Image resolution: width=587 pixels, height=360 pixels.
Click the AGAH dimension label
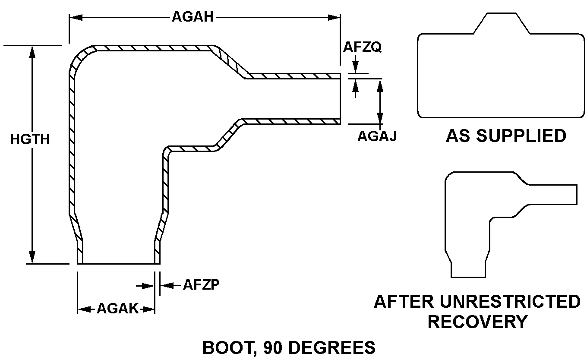(194, 17)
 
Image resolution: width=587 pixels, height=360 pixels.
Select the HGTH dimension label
(30, 139)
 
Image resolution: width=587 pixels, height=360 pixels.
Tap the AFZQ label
(362, 47)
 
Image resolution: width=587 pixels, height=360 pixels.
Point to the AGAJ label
(377, 136)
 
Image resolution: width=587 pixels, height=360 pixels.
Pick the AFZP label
(202, 285)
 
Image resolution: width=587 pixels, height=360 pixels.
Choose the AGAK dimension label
(117, 309)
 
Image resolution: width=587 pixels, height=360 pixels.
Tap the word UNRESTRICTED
(505, 302)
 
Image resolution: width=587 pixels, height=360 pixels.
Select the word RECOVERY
(477, 322)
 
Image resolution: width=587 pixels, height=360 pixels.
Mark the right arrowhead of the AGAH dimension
(335, 18)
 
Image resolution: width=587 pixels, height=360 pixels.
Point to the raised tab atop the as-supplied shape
(502, 23)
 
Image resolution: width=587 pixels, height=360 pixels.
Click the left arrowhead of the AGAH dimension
(75, 18)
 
